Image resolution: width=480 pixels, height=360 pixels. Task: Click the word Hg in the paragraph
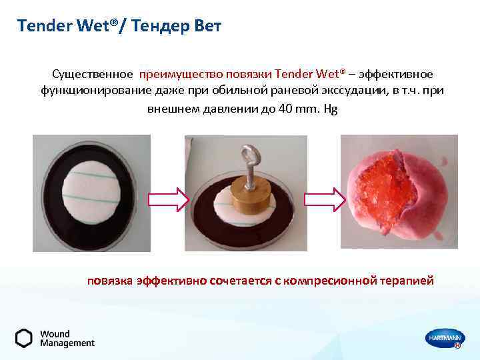click(x=330, y=107)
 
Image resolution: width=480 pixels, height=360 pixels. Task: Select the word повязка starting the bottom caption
click(x=110, y=281)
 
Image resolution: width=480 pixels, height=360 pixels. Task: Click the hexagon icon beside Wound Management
click(x=24, y=338)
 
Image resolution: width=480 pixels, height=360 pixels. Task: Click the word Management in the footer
click(x=67, y=343)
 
